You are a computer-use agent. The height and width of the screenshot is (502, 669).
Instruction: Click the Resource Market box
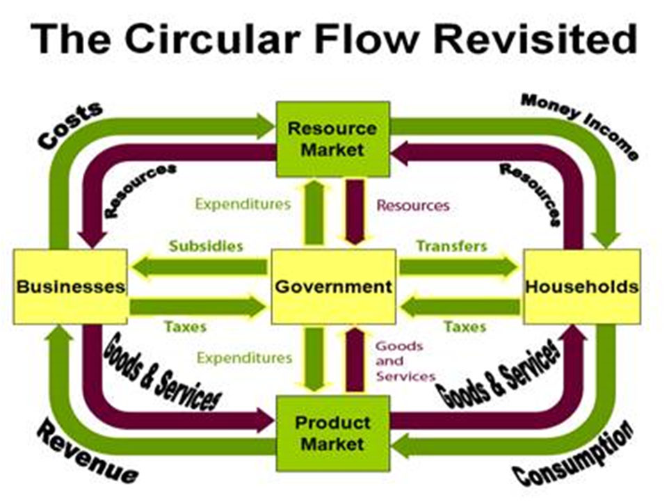[x=332, y=138]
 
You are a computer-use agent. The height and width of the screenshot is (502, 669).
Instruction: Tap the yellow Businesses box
[x=70, y=286]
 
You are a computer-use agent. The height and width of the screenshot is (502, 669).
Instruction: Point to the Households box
[x=581, y=286]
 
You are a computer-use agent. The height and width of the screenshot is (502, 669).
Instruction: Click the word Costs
[x=70, y=126]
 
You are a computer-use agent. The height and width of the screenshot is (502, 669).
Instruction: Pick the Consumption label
[x=574, y=455]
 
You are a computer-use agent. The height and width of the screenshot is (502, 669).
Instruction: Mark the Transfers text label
[x=451, y=246]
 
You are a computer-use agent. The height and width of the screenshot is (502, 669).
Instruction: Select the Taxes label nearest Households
[x=465, y=326]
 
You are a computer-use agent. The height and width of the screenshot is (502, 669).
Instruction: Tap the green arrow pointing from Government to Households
[x=459, y=267]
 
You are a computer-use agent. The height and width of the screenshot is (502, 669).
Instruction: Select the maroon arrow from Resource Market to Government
[x=355, y=211]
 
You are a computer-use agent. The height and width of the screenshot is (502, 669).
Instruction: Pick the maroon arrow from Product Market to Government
[x=355, y=362]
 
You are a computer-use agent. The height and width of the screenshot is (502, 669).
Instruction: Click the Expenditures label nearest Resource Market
[x=243, y=204]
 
